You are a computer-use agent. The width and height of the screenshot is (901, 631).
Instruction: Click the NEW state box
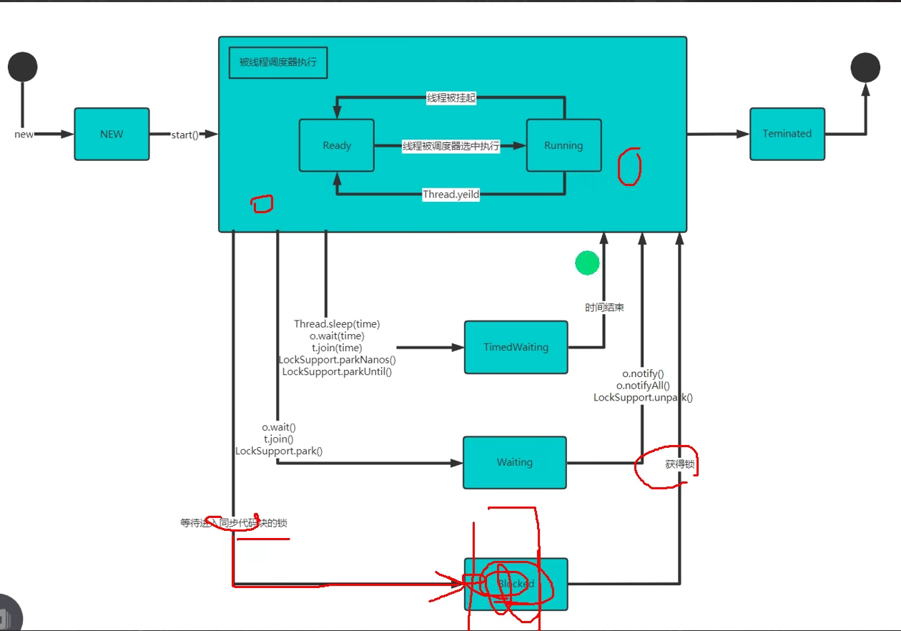point(112,134)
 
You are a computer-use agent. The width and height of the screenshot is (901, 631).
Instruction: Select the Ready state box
point(336,145)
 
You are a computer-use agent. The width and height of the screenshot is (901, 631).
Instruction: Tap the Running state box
point(563,145)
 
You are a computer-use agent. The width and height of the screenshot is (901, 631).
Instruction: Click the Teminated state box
point(787,134)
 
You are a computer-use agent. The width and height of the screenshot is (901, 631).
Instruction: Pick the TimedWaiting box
point(516,347)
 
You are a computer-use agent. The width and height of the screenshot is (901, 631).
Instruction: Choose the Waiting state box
point(514,462)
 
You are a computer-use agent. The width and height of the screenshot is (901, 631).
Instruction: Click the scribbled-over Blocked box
point(516,584)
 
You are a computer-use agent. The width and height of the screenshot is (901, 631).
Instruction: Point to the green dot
point(587,263)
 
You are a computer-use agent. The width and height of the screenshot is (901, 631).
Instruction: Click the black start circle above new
point(22,67)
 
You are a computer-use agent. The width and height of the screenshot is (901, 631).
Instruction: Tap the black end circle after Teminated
point(865,67)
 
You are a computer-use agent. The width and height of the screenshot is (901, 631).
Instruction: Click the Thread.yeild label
point(450,195)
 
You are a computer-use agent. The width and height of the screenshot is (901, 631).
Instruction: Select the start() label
point(185,134)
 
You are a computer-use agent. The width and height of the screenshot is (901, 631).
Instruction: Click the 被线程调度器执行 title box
point(277,62)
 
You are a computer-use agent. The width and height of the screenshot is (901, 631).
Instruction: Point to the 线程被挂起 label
point(450,98)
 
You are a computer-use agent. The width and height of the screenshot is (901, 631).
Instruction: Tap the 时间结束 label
point(604,307)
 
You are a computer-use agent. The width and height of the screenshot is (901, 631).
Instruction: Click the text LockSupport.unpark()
point(643,398)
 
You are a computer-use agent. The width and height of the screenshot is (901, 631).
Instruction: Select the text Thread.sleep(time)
point(337,324)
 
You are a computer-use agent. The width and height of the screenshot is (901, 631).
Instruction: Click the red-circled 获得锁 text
point(679,464)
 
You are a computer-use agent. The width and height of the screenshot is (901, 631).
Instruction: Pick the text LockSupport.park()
point(279,451)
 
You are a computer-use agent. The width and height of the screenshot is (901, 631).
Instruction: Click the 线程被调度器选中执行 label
point(450,146)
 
